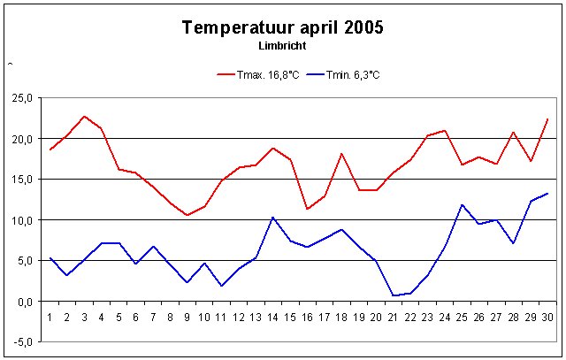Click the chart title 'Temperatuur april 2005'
click(282, 27)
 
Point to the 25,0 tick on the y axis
click(22, 98)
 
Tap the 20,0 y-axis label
click(22, 139)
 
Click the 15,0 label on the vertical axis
click(22, 180)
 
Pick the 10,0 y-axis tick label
click(22, 220)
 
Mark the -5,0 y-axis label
click(22, 342)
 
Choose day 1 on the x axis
click(50, 316)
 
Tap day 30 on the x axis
click(547, 316)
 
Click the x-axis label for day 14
click(273, 316)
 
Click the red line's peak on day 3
click(85, 116)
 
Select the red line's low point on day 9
click(187, 215)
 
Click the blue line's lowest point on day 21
click(394, 295)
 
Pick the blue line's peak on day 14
click(273, 217)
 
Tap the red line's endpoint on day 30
click(547, 119)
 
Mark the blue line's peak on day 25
click(462, 204)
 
